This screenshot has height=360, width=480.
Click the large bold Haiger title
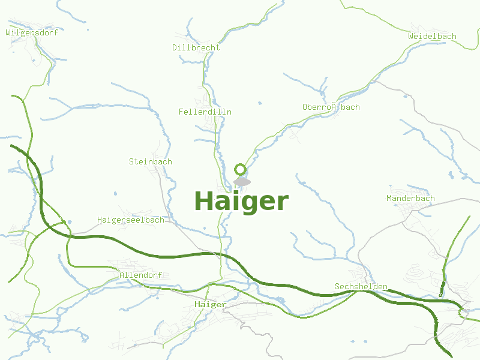click(x=241, y=201)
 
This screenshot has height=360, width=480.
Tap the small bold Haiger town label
click(x=211, y=305)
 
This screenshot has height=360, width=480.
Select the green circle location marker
click(x=241, y=169)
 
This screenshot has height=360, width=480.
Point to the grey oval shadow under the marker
click(x=242, y=181)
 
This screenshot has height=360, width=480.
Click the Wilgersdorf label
click(x=32, y=32)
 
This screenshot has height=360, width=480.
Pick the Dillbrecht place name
click(x=196, y=47)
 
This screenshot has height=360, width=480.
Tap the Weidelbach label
click(x=432, y=36)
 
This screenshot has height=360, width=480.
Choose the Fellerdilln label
click(x=205, y=112)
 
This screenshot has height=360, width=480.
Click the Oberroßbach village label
click(x=331, y=107)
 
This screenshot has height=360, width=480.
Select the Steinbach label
click(x=150, y=161)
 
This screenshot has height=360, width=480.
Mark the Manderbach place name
click(x=410, y=198)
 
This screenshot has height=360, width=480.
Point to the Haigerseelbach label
click(x=130, y=220)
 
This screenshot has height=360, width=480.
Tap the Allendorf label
click(x=140, y=275)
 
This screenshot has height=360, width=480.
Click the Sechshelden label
click(x=361, y=287)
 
